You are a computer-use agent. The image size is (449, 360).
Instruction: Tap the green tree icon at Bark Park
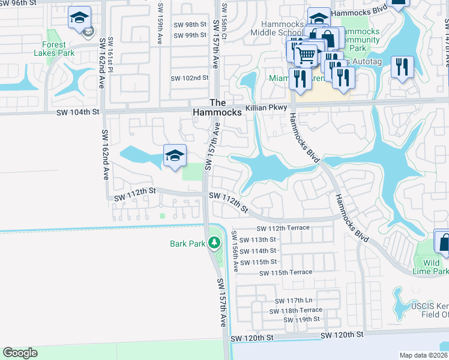[x=214, y=243]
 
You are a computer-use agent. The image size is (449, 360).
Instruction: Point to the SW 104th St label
[x=80, y=112]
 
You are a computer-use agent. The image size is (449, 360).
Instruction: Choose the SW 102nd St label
[x=189, y=78]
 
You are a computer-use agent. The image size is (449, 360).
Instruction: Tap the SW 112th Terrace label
[x=283, y=229]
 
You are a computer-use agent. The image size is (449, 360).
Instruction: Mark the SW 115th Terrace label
[x=286, y=272]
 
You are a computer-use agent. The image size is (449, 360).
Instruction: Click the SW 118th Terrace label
[x=295, y=311]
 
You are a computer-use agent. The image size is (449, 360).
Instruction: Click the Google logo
[x=20, y=353]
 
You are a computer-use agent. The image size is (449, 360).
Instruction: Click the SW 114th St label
[x=259, y=251]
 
